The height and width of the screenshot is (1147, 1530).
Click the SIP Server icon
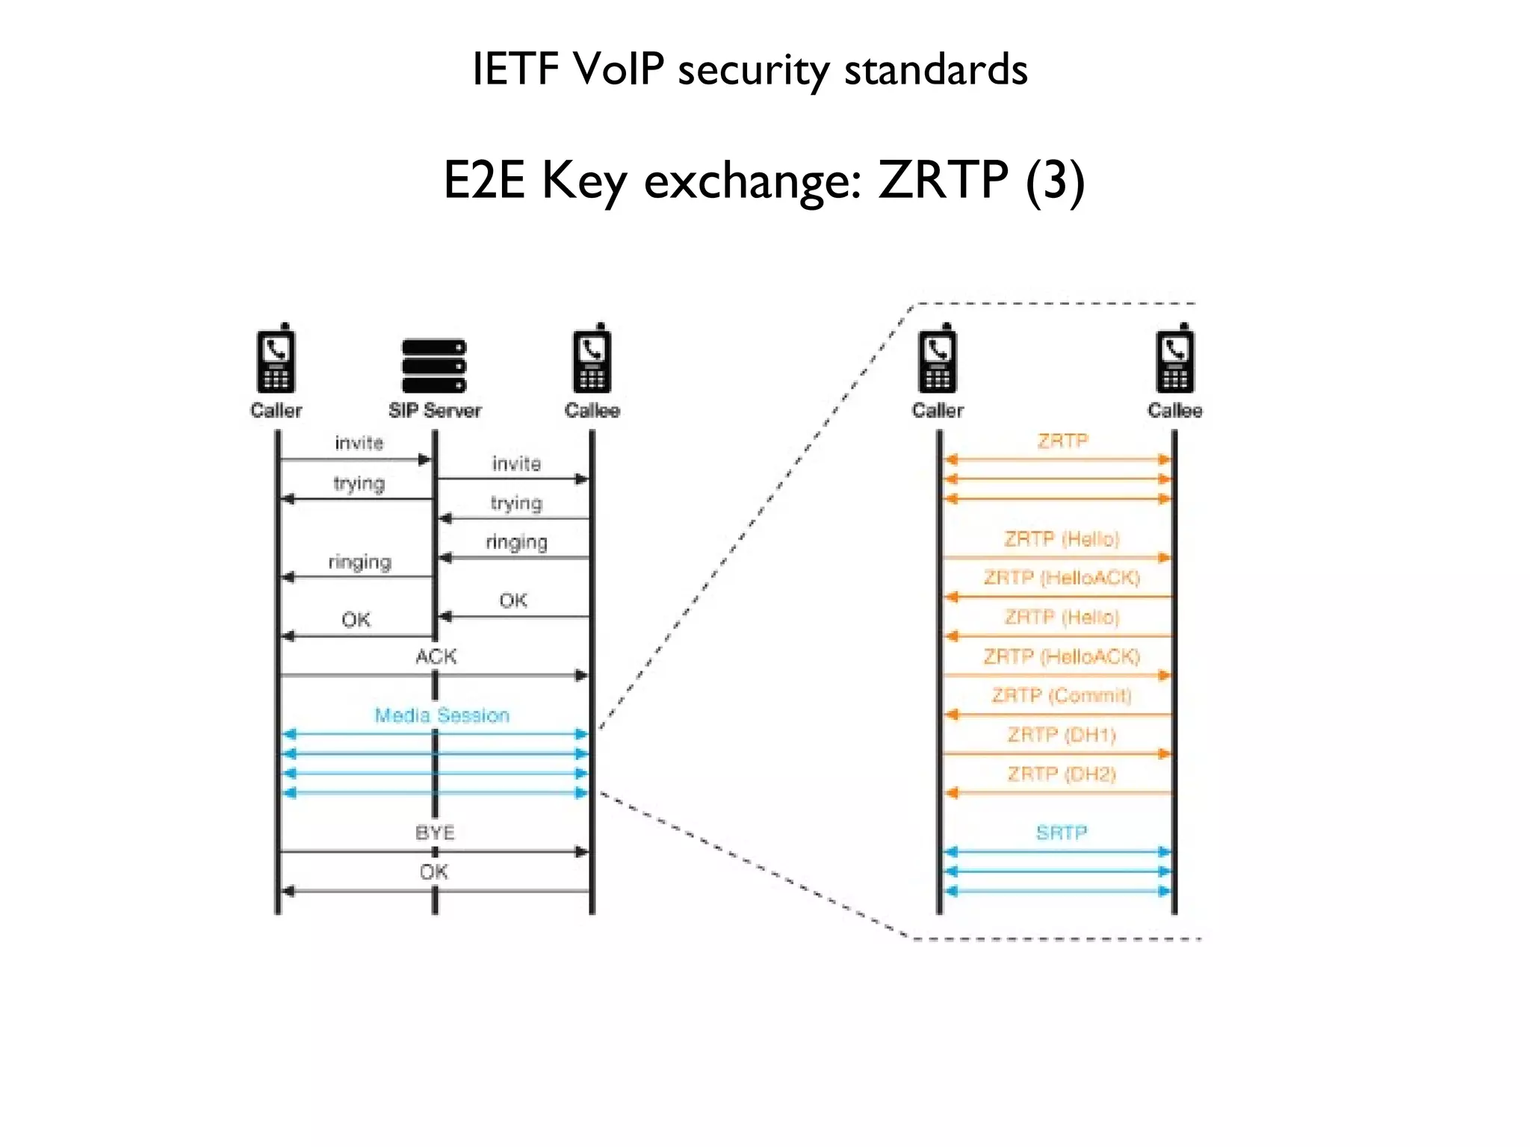[x=433, y=366]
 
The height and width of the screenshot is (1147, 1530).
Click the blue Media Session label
[x=442, y=715]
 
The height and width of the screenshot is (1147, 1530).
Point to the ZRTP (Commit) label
[x=1061, y=696]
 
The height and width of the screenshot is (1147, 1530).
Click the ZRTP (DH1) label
[x=1061, y=735]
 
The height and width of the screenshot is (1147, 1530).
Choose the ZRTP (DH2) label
[x=1061, y=774]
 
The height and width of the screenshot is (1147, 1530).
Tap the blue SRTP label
[x=1061, y=833]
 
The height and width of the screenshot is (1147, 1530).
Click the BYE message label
[x=435, y=833]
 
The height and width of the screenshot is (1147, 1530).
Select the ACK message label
[x=436, y=656]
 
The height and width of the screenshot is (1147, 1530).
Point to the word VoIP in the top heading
[x=619, y=69]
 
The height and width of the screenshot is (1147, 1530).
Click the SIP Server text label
[x=435, y=411]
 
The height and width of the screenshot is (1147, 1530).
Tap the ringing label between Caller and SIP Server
[x=359, y=562]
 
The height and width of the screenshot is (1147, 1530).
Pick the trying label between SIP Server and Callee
[x=516, y=503]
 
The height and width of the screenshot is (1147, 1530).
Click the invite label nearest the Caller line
[x=359, y=444]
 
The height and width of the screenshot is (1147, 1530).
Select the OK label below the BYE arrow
[x=433, y=871]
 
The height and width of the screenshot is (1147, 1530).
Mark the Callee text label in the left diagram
[x=592, y=411]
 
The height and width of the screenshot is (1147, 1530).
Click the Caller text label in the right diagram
[x=938, y=411]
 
